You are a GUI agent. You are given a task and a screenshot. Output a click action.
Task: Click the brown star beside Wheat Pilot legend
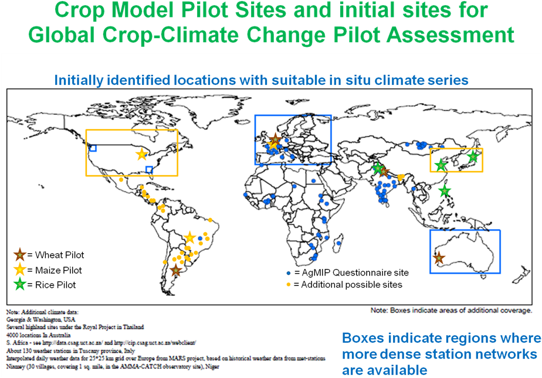[21, 255]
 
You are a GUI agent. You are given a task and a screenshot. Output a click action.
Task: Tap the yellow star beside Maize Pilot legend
[21, 270]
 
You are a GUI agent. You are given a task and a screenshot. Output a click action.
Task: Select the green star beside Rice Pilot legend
[21, 285]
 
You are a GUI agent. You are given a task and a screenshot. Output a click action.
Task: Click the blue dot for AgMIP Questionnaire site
[288, 273]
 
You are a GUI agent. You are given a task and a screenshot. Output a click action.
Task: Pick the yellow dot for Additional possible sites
[288, 285]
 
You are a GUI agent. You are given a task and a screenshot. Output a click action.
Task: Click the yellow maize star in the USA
[141, 154]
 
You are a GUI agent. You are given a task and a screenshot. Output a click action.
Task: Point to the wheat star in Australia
[438, 257]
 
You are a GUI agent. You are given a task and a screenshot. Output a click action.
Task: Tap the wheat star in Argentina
[176, 270]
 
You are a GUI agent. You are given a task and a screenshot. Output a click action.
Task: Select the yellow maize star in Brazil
[189, 238]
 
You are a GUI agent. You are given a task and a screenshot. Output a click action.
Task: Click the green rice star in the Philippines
[445, 191]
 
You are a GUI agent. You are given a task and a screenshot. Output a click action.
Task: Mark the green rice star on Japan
[473, 156]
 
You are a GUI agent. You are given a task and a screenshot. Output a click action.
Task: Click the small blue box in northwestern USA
[93, 148]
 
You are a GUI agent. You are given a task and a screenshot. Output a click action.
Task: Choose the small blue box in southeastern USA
[150, 170]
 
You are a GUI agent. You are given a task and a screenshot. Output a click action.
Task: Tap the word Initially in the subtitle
[77, 80]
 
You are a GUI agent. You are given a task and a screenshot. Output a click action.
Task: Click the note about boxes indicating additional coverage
[451, 310]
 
